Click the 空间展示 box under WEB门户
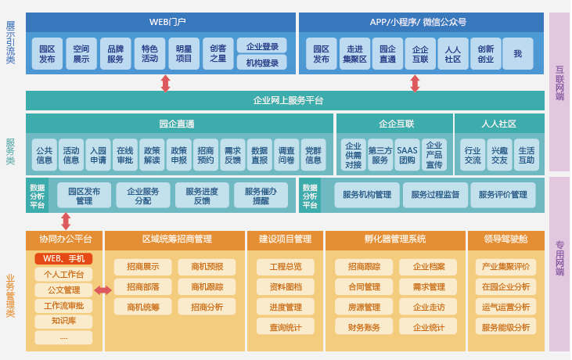coord(81,52)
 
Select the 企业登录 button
coord(261,46)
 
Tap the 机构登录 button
coord(261,63)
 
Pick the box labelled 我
coord(517,52)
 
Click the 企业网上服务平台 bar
coord(285,100)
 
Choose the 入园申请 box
coord(98,155)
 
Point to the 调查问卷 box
coord(286,155)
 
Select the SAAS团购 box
coord(407,155)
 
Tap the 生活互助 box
coord(527,155)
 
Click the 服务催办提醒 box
coord(266,195)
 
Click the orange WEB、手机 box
coord(63,259)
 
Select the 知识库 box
coord(63,321)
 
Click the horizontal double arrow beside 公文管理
coord(103,290)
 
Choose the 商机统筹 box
coord(142,307)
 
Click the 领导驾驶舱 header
coord(505,239)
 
